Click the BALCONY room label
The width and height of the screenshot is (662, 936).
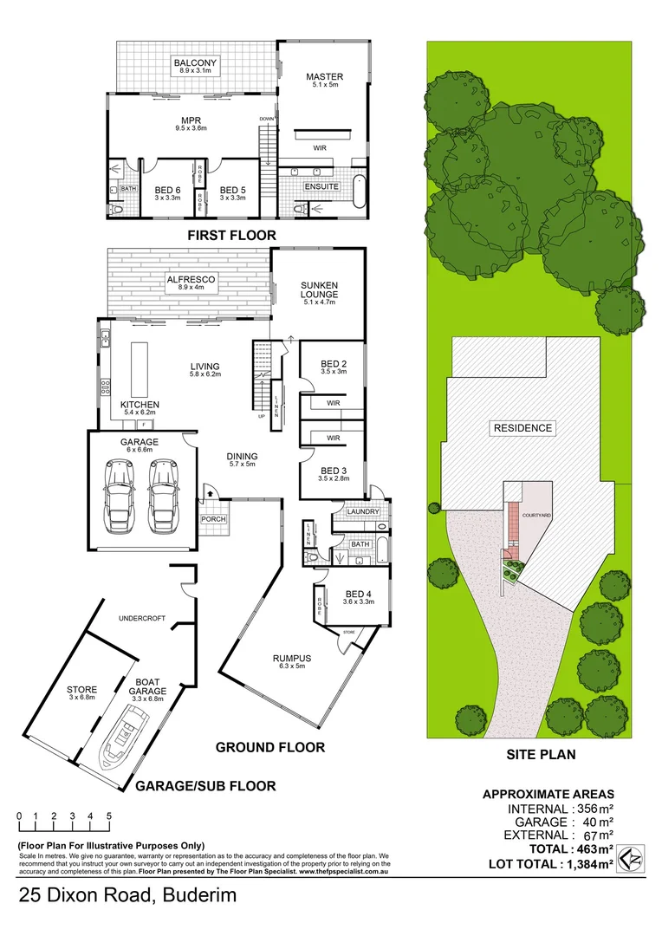coord(195,63)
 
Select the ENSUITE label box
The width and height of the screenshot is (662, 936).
coord(321,186)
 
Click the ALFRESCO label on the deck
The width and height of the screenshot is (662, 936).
coord(191,280)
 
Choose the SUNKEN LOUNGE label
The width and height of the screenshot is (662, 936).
coord(318,289)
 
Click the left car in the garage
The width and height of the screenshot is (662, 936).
coord(118,498)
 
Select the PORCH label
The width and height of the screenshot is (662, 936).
coord(213,520)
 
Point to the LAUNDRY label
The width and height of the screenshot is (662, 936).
coord(362,511)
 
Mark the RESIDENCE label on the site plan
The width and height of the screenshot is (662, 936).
coord(522,428)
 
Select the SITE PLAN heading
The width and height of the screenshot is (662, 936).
coord(541,755)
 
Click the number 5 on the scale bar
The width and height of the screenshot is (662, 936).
coord(109,816)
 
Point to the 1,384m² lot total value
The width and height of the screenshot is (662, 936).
coord(588,864)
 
